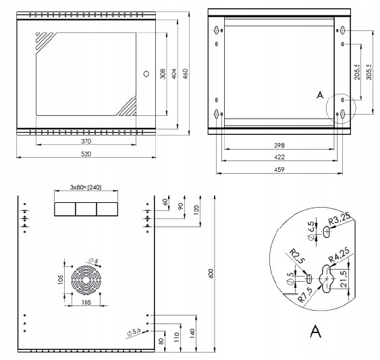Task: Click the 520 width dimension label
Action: [x=86, y=154]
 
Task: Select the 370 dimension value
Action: [x=86, y=141]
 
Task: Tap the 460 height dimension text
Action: [x=185, y=73]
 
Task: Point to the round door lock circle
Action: [x=146, y=73]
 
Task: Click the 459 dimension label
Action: [x=279, y=169]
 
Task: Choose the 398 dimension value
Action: [x=279, y=145]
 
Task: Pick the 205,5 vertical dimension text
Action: [x=357, y=72]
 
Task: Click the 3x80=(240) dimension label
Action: [x=86, y=187]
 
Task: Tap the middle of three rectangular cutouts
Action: [x=86, y=209]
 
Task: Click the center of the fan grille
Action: [x=86, y=280]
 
